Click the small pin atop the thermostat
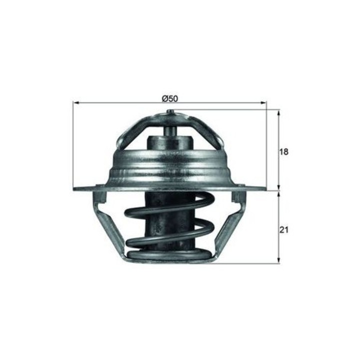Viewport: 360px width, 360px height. (170, 113)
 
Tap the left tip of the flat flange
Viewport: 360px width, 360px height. (75, 188)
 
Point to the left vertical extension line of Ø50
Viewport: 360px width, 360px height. (73, 145)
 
